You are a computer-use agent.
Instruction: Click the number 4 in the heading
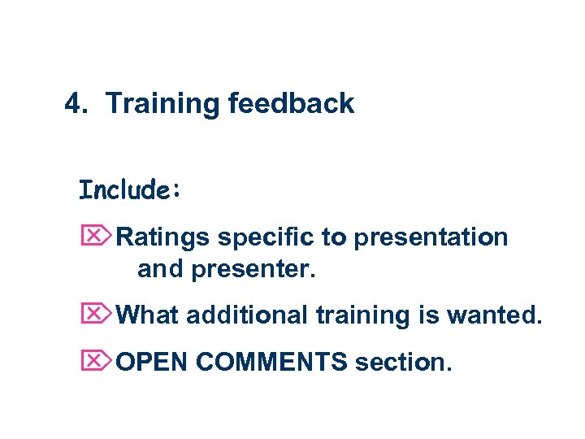pyautogui.click(x=73, y=104)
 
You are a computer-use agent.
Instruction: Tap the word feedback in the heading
pyautogui.click(x=291, y=104)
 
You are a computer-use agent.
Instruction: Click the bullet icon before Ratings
pyautogui.click(x=96, y=237)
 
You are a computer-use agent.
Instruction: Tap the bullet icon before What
pyautogui.click(x=96, y=313)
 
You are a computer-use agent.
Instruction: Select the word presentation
pyautogui.click(x=431, y=237)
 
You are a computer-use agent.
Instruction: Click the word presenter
pyautogui.click(x=253, y=269)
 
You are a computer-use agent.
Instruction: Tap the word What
pyautogui.click(x=149, y=314)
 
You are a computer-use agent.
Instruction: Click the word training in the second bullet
pyautogui.click(x=351, y=314)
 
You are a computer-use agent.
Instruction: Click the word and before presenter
pyautogui.click(x=161, y=269)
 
